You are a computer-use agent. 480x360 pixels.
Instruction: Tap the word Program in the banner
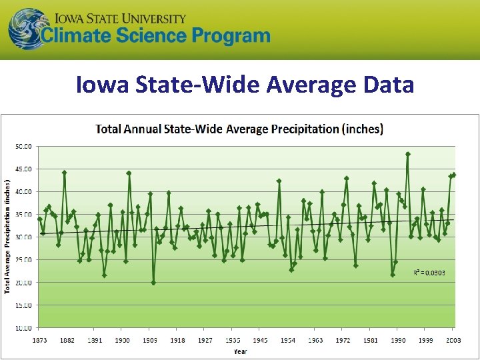[224, 36]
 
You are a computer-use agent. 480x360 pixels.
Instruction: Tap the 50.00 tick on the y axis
[24, 145]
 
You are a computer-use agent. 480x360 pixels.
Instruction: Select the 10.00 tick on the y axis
[24, 327]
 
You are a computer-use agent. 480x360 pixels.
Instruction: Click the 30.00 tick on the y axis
[24, 237]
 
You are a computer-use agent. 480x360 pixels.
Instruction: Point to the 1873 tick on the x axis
[39, 340]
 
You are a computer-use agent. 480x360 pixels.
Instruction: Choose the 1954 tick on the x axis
[287, 340]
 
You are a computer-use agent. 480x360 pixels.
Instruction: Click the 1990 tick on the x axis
[397, 340]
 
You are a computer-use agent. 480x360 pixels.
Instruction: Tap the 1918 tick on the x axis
[177, 340]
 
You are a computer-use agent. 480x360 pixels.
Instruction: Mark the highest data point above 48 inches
[408, 154]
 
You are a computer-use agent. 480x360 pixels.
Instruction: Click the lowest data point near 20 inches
[153, 283]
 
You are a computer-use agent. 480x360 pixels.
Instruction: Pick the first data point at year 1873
[40, 219]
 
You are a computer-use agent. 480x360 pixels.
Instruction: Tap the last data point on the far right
[454, 175]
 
